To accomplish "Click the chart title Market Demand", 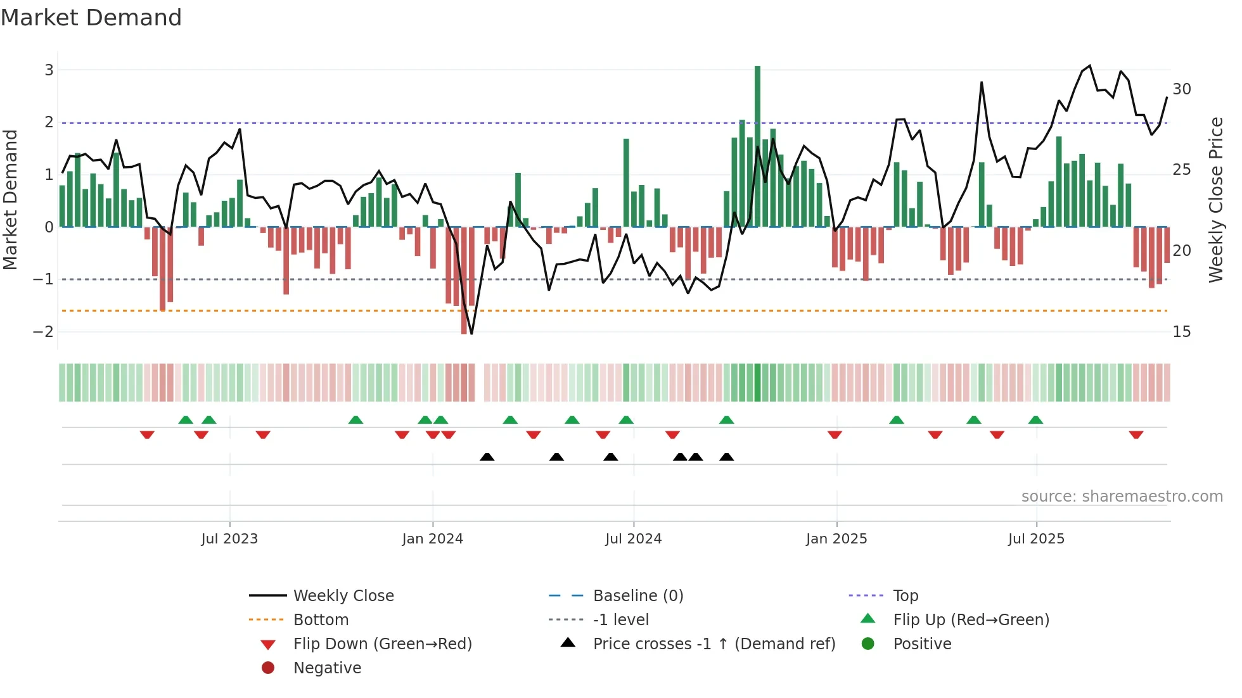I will [x=91, y=18].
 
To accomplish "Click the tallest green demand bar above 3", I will [x=757, y=146].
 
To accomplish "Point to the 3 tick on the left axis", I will [x=49, y=70].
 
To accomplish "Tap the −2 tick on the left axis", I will [x=43, y=332].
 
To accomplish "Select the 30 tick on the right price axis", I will [x=1181, y=89].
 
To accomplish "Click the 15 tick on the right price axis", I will [x=1181, y=332].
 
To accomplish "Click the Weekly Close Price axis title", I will [x=1215, y=200].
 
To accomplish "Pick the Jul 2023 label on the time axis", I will [x=229, y=539].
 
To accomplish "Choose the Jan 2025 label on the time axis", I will [x=836, y=539].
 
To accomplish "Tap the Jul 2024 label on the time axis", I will [x=633, y=539].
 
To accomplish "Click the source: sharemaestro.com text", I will [x=1122, y=497].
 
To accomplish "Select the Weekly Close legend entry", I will [x=343, y=596].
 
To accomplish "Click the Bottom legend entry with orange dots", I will [x=321, y=620].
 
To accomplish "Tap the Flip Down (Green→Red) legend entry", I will [x=382, y=644].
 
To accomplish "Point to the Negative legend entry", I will [x=327, y=668].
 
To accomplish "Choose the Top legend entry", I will [x=906, y=596].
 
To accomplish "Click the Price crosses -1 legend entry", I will [x=714, y=644].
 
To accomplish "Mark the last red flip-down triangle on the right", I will [x=1136, y=435].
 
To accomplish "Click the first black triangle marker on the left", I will [x=487, y=457].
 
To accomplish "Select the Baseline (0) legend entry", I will [x=637, y=596].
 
